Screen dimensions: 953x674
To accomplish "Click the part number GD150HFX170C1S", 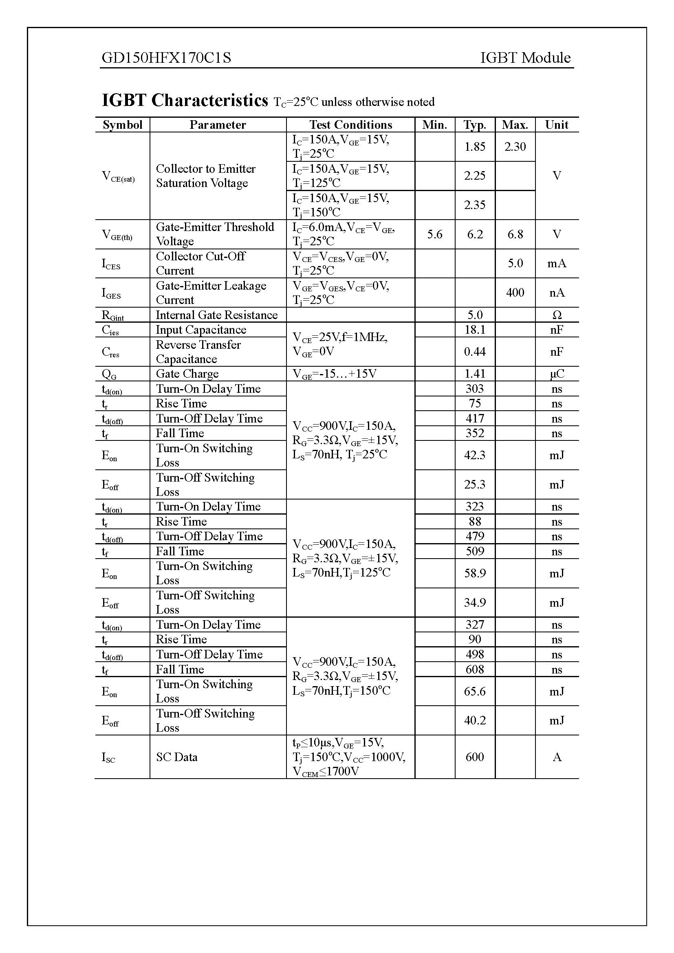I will coord(166,58).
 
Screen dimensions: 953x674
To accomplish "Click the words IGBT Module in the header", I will coord(525,58).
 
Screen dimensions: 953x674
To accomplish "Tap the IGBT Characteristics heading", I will coord(185,101).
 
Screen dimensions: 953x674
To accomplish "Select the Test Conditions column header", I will coord(350,125).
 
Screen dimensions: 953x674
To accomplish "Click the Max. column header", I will coord(515,125).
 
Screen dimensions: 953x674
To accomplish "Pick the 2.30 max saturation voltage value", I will coord(515,147).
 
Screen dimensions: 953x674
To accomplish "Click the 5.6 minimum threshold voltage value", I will coord(434,235).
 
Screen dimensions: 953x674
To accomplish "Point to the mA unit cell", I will coord(557,264).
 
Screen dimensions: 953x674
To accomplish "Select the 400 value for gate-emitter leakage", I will coord(515,293).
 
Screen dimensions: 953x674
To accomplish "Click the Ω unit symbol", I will coord(557,315).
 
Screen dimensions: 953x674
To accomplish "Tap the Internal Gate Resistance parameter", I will coord(217,315).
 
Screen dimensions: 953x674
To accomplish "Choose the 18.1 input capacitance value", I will coord(475,330).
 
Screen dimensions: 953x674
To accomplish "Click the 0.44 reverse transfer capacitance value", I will coord(475,352).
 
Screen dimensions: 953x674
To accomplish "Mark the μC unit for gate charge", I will coord(557,374).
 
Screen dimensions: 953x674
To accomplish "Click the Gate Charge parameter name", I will coord(187,374).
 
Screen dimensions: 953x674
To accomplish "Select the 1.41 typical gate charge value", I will coord(475,374).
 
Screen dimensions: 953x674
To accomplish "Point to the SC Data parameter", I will coord(176,757).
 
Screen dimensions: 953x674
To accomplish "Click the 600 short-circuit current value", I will coord(475,757).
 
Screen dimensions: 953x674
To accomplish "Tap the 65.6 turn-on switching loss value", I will coord(475,691).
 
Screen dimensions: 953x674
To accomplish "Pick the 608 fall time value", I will coord(475,669).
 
